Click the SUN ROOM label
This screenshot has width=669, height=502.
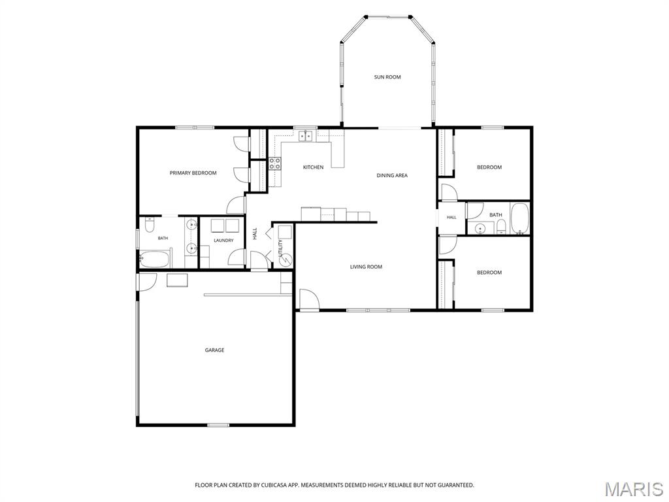387,77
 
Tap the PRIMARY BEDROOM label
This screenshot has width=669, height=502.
193,173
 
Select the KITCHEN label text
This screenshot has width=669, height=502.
313,167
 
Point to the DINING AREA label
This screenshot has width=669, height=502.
392,175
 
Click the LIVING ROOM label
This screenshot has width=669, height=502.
366,267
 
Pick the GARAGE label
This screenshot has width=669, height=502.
214,350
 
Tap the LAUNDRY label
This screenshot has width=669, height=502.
223,241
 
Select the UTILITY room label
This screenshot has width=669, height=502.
280,248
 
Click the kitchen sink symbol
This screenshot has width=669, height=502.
306,136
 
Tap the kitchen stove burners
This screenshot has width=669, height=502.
275,164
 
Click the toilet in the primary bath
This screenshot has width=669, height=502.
150,225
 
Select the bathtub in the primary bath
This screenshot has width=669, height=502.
154,259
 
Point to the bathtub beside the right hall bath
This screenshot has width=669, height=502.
519,218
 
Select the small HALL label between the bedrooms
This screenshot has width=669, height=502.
451,217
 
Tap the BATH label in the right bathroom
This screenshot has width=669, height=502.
496,214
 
